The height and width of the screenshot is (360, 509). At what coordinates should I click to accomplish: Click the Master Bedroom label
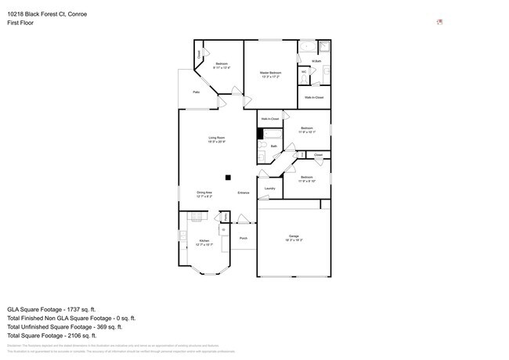[269, 73]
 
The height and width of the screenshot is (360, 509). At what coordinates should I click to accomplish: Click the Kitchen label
[204, 242]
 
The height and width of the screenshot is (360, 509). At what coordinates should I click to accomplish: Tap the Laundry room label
[269, 189]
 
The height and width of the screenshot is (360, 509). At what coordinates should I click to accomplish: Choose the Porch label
[244, 237]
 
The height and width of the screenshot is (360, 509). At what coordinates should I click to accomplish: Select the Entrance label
[244, 192]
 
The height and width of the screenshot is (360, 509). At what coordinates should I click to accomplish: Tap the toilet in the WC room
[304, 77]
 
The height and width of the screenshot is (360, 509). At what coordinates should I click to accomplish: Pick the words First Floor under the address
[21, 23]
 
